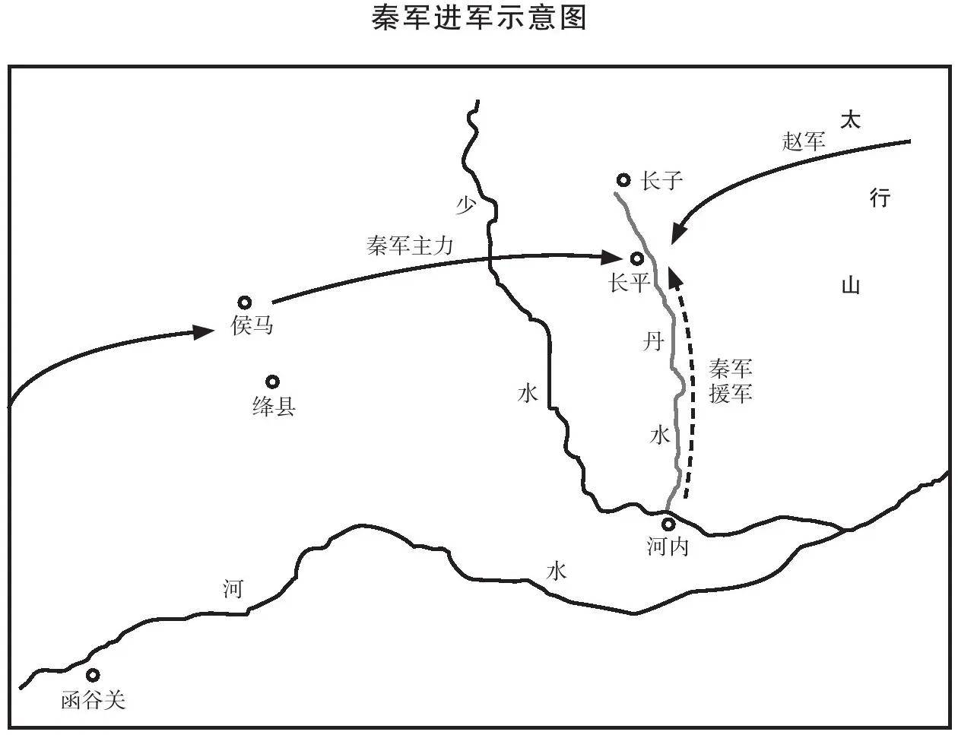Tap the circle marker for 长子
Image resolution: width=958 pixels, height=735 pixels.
pos(623,180)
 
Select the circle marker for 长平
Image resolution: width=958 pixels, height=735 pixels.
pos(637,259)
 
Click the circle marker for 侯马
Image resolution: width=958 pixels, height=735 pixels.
pos(245,303)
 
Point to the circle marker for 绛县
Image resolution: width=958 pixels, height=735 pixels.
pos(271,382)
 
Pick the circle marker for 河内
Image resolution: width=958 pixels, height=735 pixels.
pos(668,524)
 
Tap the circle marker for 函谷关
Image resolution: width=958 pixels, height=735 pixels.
pos(93,675)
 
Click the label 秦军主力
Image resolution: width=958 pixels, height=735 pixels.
pos(410,246)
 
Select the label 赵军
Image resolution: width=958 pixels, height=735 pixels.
pos(804,141)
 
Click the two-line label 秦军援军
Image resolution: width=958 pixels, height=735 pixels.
pos(731,382)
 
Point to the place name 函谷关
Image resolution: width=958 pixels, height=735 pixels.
pos(93,700)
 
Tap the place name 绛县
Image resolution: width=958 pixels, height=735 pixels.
pos(273,407)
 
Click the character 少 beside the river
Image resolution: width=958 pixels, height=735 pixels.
pos(465,204)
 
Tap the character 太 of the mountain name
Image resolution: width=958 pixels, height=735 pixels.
pos(850,120)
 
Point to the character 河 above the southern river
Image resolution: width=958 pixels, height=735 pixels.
pos(233,588)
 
